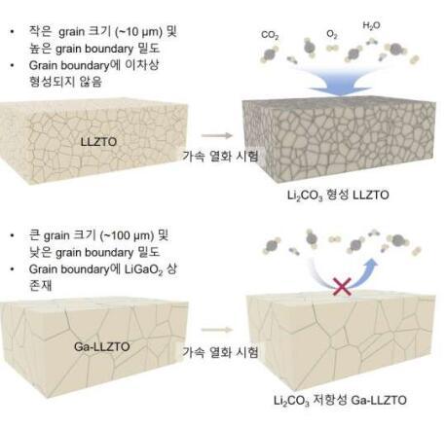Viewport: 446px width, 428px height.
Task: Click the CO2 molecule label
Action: point(270,35)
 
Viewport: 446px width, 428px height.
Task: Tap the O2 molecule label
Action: point(332,34)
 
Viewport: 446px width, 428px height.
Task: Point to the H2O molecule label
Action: point(371,25)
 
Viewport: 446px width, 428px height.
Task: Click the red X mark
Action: point(343,287)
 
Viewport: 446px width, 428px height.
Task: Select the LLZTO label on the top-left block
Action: point(98,142)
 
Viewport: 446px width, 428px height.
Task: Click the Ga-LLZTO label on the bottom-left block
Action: point(102,346)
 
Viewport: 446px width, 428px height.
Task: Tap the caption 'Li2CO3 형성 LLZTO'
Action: point(338,196)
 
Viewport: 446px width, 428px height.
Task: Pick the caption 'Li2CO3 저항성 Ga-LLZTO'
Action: point(340,400)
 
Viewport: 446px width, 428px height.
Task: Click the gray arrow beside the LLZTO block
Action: point(216,135)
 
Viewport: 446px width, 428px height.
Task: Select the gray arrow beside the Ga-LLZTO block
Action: point(217,330)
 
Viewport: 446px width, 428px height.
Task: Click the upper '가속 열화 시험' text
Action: point(220,156)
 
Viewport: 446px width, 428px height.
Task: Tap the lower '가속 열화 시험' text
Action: point(220,352)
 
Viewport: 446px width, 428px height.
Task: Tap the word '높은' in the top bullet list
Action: point(40,49)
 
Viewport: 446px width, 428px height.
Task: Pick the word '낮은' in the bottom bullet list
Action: point(40,253)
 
